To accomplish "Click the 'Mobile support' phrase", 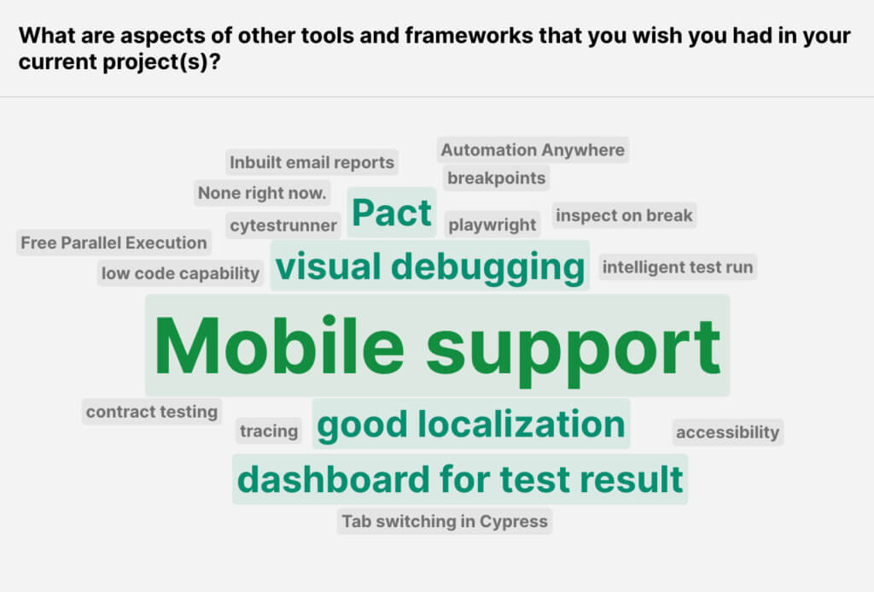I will [437, 346].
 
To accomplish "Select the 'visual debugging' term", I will [430, 267].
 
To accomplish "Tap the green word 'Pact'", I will [392, 213].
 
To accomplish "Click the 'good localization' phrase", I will [471, 425].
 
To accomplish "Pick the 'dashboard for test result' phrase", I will [460, 479].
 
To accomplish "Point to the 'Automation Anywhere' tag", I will [533, 150].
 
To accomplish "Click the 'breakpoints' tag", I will [496, 179].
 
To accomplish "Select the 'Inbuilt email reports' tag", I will [312, 162].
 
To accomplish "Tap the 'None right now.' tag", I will [262, 193].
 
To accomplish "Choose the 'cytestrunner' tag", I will [284, 226].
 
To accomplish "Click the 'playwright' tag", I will [492, 226].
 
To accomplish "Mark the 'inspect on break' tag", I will [624, 216].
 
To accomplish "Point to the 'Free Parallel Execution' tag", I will [114, 243].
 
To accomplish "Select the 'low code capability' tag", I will [180, 273].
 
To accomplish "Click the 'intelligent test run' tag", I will [678, 267].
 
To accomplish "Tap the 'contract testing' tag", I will [152, 412].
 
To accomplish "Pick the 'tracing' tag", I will [269, 431].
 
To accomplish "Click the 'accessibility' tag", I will [727, 432].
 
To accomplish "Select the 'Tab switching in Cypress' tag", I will [445, 521].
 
